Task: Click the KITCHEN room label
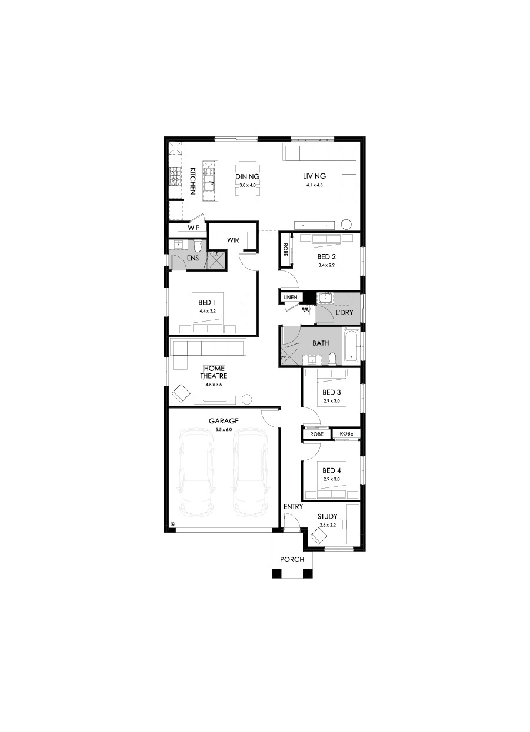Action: coord(193,181)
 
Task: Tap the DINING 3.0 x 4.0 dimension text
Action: coord(247,185)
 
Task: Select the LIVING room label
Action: coord(314,176)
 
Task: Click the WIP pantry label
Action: coord(194,228)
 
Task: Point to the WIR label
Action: coord(233,240)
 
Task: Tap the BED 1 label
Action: coord(207,303)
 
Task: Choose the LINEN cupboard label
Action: coord(291,297)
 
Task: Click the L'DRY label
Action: coord(344,312)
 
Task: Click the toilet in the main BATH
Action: coord(332,359)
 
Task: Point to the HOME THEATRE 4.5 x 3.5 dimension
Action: coord(214,385)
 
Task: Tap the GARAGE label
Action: coord(224,421)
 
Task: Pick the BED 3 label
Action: coord(332,392)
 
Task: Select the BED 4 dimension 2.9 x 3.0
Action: coord(332,479)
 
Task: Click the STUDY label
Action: coord(328,516)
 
